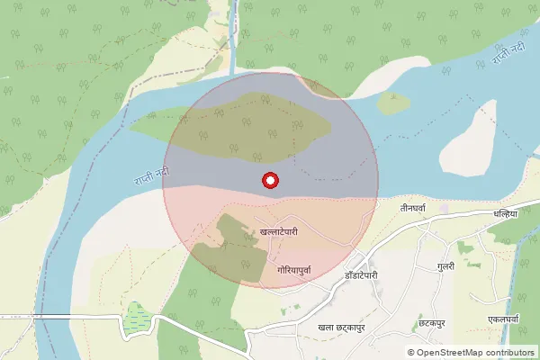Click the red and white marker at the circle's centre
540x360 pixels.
point(269,180)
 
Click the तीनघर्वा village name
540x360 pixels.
point(418,207)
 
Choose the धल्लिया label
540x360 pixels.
point(506,215)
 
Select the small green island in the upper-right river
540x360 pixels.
point(394,103)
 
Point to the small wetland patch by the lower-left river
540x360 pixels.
point(136,316)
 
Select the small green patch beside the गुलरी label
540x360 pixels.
point(464,247)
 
